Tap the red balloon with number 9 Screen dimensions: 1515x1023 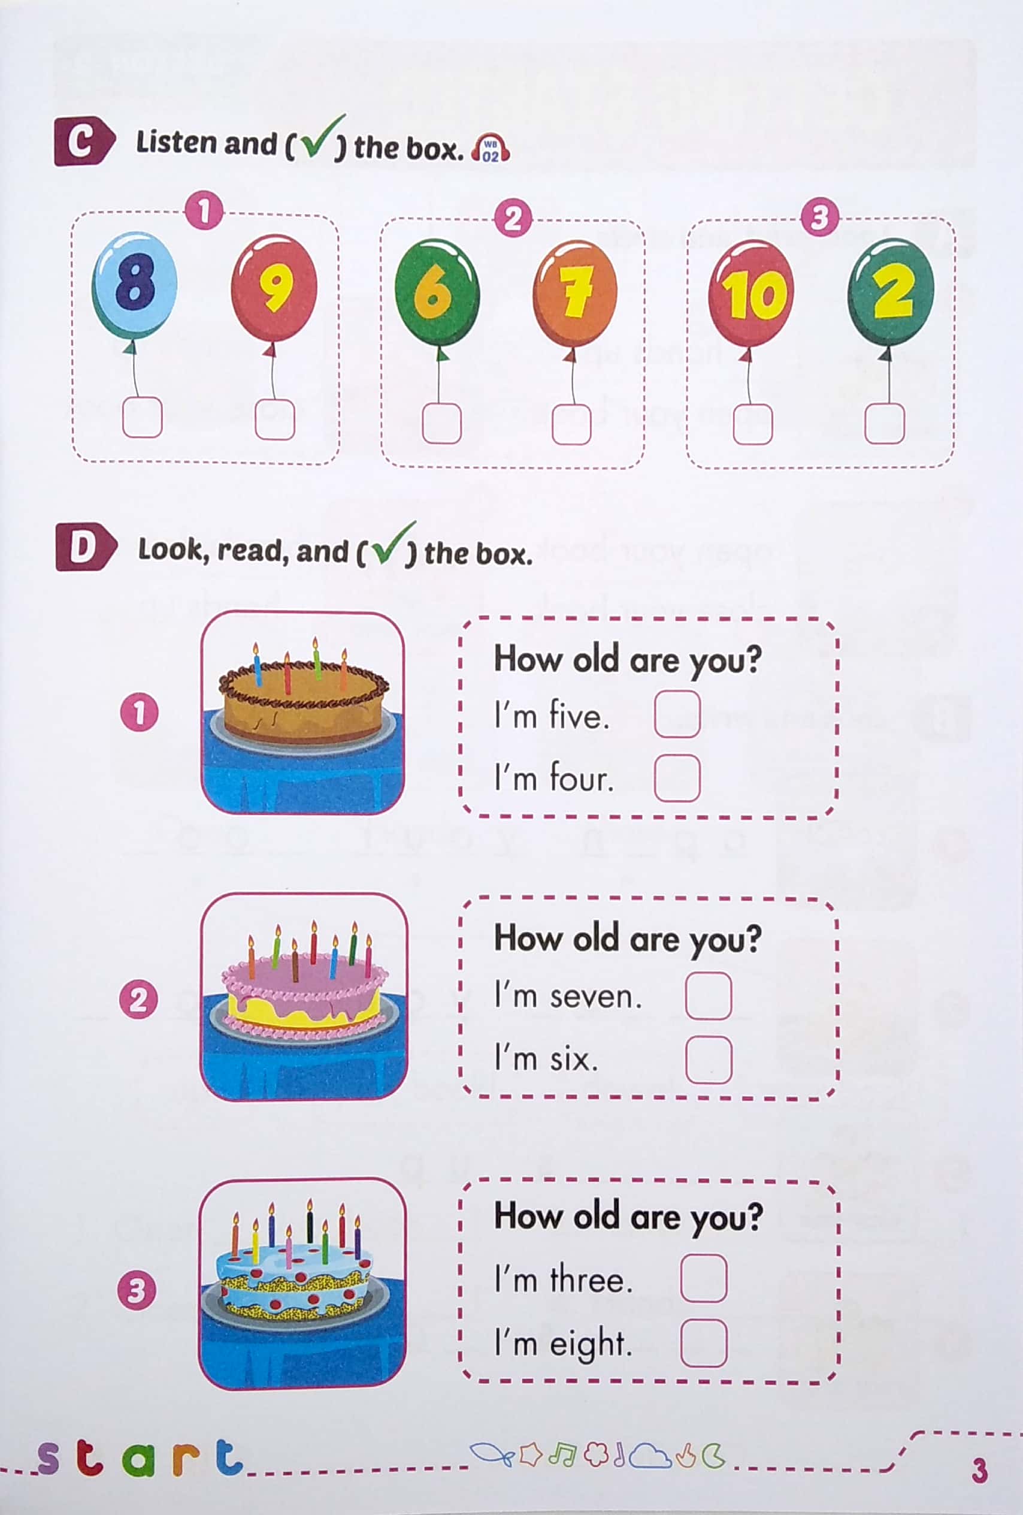(x=274, y=288)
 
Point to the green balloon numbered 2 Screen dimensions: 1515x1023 (x=891, y=291)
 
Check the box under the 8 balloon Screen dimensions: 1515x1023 (x=142, y=418)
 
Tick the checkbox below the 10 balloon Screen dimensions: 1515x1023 (x=753, y=424)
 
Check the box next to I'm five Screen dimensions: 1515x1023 (x=677, y=714)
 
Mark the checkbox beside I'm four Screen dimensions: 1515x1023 (x=677, y=778)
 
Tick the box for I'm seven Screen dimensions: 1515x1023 (x=709, y=995)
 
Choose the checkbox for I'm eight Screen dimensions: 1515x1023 (x=703, y=1342)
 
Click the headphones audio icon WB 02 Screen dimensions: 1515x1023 (x=491, y=149)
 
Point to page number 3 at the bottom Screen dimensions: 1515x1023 (x=979, y=1471)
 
